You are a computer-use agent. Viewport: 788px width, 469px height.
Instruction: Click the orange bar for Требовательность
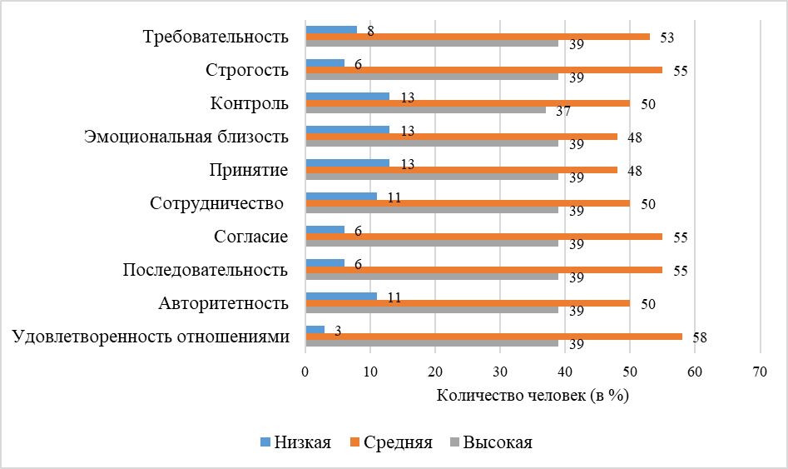pos(478,37)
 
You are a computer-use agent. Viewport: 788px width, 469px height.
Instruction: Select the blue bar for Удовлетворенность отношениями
pos(315,330)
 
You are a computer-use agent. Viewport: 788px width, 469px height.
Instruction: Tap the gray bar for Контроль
pos(426,110)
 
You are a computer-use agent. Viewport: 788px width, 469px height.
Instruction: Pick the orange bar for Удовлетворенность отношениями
pos(493,337)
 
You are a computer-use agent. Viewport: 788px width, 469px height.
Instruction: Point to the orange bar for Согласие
pos(484,237)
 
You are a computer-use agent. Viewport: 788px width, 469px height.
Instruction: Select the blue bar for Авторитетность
pos(341,297)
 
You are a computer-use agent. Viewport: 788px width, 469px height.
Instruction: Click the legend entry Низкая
pos(296,442)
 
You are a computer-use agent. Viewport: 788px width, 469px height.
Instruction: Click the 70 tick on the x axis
pos(760,371)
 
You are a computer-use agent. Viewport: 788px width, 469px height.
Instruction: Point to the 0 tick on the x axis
pos(306,371)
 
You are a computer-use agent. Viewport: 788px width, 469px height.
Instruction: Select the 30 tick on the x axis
pos(500,371)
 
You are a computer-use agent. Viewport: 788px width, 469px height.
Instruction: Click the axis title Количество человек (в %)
pos(532,396)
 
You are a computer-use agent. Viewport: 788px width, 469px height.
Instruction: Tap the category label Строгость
pos(247,70)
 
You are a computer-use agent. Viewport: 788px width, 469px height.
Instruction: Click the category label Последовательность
pos(206,270)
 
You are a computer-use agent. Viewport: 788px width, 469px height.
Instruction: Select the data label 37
pos(563,111)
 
